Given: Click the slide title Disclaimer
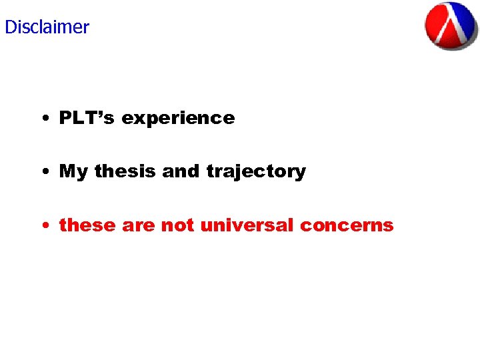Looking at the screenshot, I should [47, 27].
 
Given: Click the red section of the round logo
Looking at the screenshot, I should [437, 25].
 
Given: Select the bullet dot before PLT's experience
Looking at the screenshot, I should [43, 119].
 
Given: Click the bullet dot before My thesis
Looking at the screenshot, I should [43, 173].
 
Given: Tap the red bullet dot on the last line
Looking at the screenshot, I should [43, 226].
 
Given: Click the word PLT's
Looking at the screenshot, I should [87, 118].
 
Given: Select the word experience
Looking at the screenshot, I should [178, 119].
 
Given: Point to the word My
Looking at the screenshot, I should [73, 172].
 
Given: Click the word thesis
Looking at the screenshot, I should [125, 171].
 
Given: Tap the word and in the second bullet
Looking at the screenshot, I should [181, 171].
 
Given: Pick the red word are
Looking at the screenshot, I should [138, 226].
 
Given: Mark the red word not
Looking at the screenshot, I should [177, 225].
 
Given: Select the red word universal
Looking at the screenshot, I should [247, 225].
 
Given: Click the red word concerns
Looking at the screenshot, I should [347, 226].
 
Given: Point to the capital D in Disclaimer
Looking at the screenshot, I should [10, 27].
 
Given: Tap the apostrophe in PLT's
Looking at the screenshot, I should [103, 113].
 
